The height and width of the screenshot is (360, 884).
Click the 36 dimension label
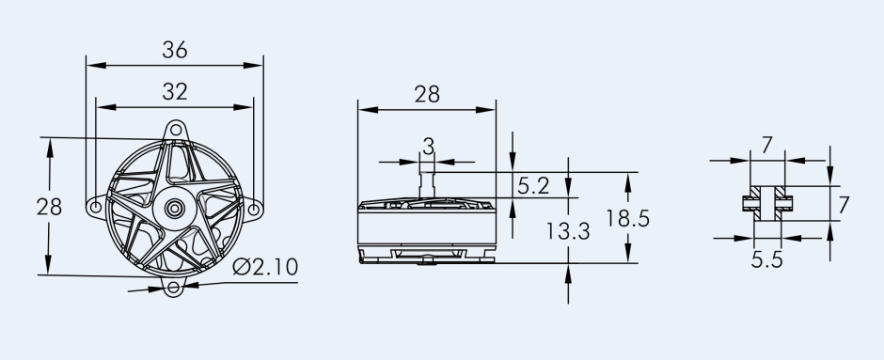(174, 50)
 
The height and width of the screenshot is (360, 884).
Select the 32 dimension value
(174, 91)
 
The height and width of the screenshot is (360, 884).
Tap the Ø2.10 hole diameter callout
(265, 267)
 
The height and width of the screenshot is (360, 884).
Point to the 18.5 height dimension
(627, 218)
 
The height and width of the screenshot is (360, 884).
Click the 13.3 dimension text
(568, 231)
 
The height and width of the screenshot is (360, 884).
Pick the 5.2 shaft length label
(533, 186)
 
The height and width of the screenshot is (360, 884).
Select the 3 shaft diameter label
(429, 147)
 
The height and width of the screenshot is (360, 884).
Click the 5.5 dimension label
(766, 259)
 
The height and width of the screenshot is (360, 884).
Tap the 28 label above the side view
(427, 94)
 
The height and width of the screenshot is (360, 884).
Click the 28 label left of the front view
(49, 208)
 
